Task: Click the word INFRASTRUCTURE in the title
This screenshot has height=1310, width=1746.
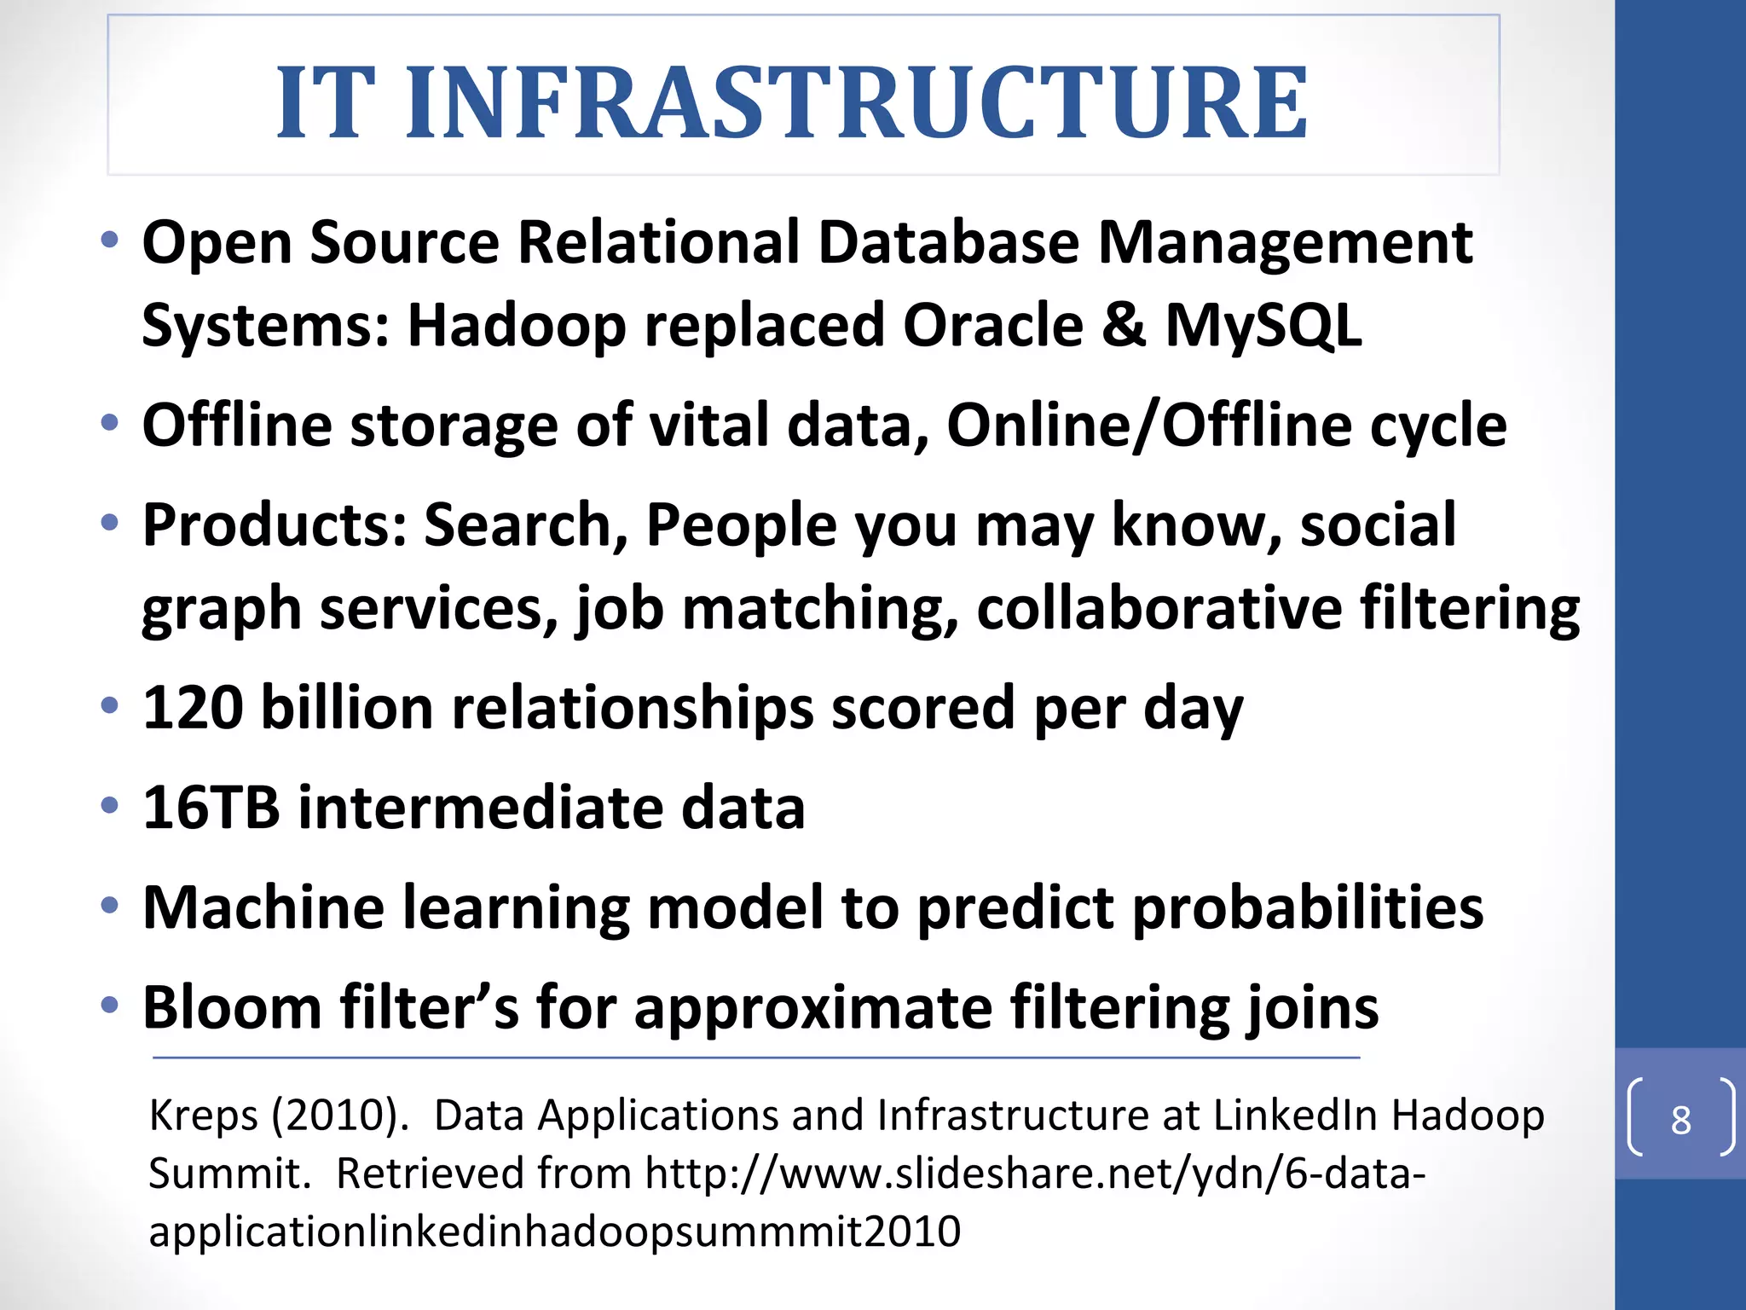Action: coord(856,104)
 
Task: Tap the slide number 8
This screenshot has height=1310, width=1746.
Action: coord(1680,1120)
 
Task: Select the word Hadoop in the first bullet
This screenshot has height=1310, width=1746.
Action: coord(517,326)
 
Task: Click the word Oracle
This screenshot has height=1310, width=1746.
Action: coord(992,326)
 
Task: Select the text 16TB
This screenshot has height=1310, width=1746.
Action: coord(211,807)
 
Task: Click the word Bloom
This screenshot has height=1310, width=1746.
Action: coord(231,1007)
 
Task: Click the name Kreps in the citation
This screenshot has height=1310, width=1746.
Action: coord(203,1116)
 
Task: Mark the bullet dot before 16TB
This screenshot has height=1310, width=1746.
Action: coord(109,805)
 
